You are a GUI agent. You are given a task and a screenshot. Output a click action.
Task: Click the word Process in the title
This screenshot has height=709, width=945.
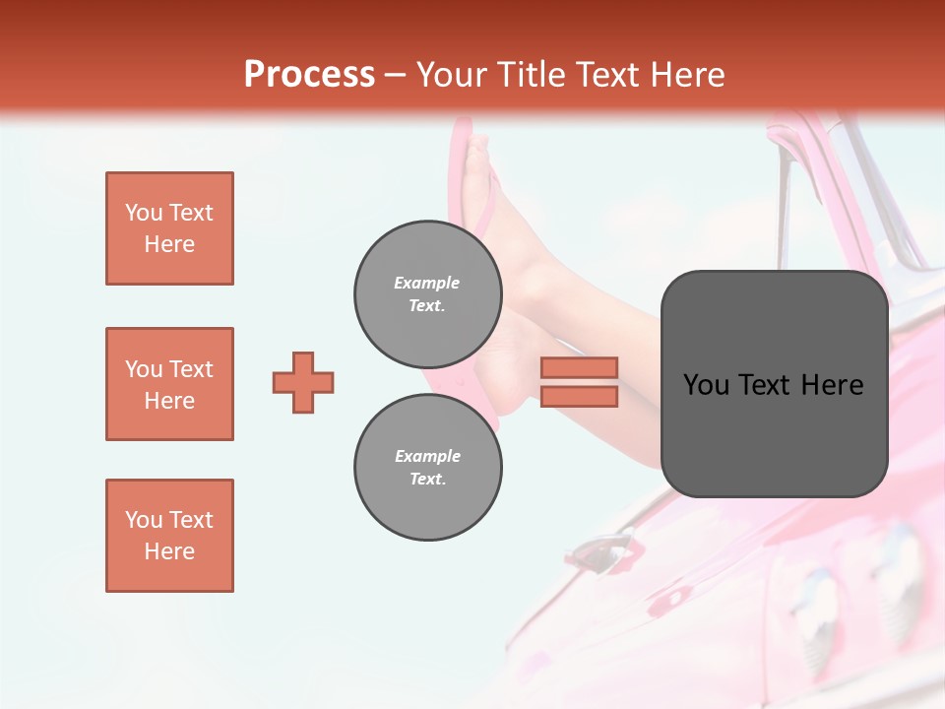(x=309, y=75)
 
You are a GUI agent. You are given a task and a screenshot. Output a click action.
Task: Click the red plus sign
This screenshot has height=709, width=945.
(x=303, y=382)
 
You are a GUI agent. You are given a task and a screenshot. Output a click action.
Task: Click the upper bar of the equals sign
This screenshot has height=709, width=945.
(x=579, y=368)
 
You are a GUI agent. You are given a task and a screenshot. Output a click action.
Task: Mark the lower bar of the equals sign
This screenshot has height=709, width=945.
(x=579, y=396)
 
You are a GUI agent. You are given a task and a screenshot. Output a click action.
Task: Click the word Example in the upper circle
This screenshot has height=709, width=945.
(x=427, y=283)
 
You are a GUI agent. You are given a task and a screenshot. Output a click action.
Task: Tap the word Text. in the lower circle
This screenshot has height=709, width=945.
(x=427, y=480)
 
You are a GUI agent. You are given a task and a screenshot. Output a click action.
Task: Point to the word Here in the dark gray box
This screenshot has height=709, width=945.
(x=833, y=384)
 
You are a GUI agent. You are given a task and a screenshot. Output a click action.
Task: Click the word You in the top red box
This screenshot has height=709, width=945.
(x=143, y=213)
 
